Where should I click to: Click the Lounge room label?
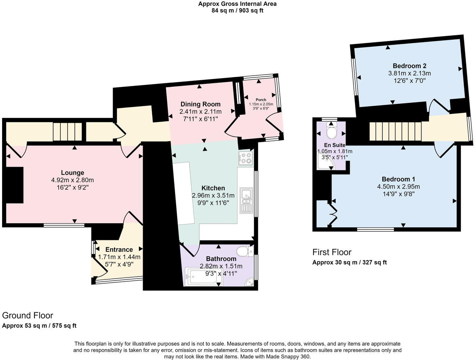tap(72, 173)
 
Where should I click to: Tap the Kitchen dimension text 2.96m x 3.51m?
tap(213, 195)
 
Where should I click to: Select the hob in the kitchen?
tap(246, 158)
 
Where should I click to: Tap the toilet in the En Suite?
tap(331, 130)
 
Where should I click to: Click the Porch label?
tap(261, 100)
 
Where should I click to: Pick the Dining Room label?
tap(200, 104)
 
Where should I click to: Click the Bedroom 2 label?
tap(409, 66)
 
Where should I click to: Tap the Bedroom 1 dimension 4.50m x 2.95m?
tap(398, 186)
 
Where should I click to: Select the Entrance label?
tap(119, 250)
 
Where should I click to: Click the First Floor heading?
tap(332, 252)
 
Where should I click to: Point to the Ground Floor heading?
tap(28, 315)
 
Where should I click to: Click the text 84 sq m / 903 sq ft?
tap(237, 11)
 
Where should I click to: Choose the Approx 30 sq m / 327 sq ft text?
tap(349, 262)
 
